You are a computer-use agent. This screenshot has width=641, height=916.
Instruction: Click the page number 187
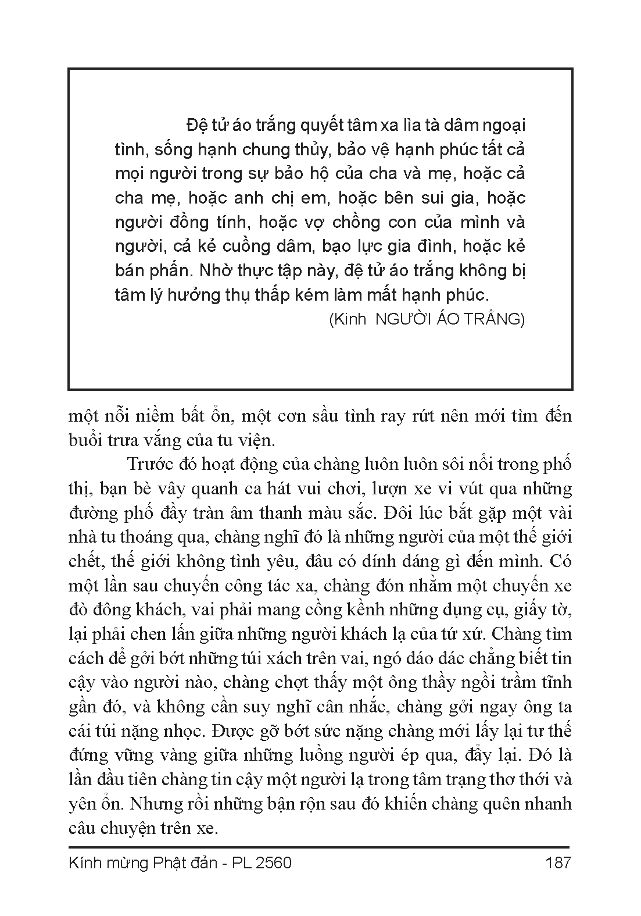click(558, 862)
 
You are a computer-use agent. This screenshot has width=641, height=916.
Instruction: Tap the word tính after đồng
click(230, 222)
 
